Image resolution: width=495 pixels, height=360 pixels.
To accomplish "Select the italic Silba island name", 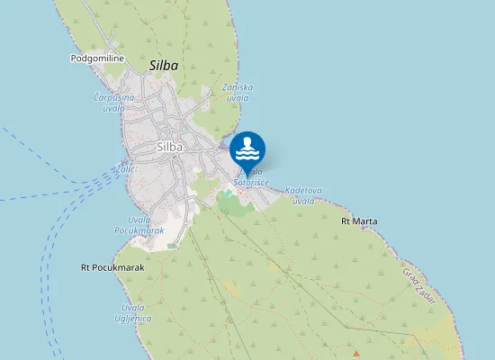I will click(x=164, y=66).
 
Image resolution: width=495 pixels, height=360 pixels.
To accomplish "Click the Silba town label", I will click(x=169, y=147).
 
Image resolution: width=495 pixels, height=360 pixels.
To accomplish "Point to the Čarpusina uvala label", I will click(x=114, y=102).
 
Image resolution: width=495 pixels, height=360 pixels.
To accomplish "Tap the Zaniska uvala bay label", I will click(x=238, y=92).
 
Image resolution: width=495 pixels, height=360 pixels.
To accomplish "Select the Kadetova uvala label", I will click(x=303, y=195).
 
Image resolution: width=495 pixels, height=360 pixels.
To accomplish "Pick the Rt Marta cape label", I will click(x=360, y=220).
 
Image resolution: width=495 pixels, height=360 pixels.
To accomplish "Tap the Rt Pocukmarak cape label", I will click(x=112, y=267).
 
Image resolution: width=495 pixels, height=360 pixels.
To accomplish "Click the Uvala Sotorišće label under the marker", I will click(x=251, y=177).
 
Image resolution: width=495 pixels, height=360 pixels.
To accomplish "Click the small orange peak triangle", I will click(x=356, y=352).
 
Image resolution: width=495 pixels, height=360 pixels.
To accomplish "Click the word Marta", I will click(x=365, y=220).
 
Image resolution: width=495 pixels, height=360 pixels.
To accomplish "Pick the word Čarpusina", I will click(x=114, y=97).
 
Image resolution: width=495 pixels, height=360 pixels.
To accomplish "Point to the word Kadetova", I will click(x=303, y=191).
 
